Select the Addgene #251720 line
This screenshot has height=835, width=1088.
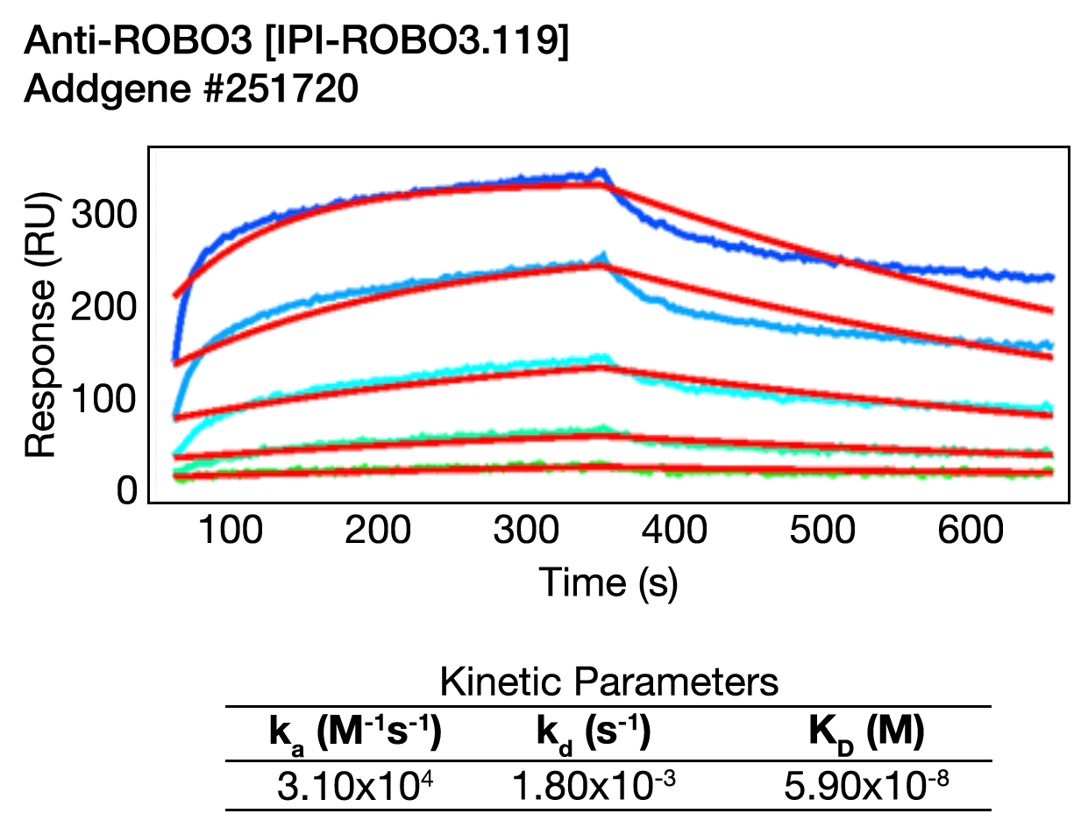(191, 90)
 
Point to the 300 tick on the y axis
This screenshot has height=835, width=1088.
(103, 213)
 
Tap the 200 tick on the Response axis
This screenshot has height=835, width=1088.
(103, 307)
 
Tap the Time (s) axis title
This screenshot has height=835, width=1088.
(608, 582)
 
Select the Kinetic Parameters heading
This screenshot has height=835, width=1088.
(608, 682)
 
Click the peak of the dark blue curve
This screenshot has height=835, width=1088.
(600, 171)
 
